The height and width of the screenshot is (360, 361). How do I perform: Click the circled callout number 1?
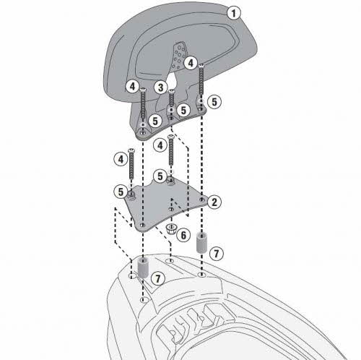click(233, 13)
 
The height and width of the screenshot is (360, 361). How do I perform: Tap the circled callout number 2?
click(214, 202)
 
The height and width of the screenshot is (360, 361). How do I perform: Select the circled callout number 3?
click(161, 87)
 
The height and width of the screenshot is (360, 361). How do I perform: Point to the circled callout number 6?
click(183, 235)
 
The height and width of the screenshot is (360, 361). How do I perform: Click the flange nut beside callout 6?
click(171, 228)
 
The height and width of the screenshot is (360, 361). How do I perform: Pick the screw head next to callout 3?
click(171, 91)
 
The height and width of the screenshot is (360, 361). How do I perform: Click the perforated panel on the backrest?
click(179, 56)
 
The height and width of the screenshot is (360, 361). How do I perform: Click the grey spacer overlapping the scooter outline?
click(143, 267)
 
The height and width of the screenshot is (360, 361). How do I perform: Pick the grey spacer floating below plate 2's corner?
click(201, 242)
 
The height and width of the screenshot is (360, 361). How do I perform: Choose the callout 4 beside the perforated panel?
click(191, 63)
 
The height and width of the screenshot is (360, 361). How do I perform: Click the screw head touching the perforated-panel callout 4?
click(201, 65)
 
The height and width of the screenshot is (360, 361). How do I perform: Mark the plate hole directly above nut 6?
click(171, 209)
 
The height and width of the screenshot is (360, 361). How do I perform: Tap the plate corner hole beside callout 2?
click(201, 200)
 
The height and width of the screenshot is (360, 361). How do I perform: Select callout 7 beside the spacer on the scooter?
click(157, 279)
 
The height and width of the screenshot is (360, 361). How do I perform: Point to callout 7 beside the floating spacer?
click(216, 254)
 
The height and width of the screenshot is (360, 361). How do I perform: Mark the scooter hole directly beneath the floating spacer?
click(201, 275)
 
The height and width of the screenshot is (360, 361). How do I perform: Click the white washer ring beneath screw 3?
click(171, 110)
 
